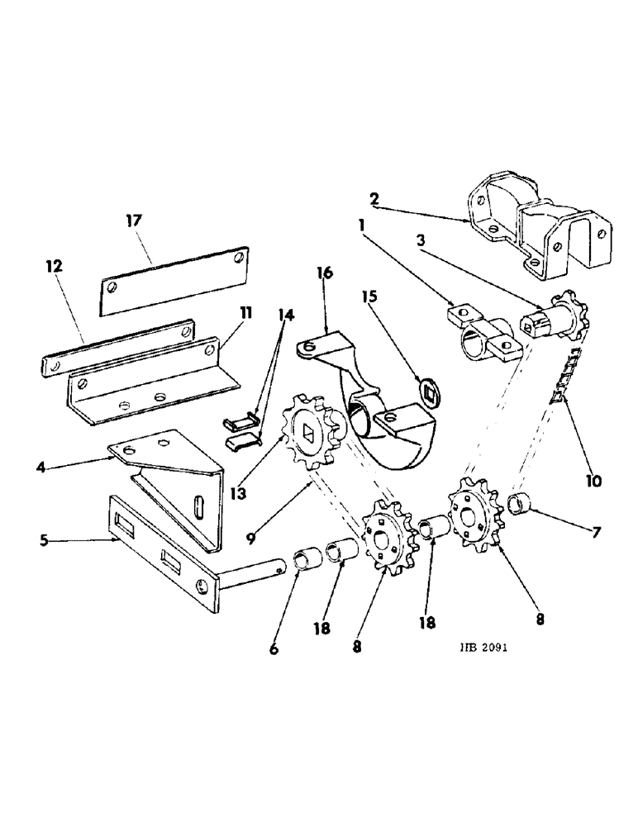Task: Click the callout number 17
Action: (134, 221)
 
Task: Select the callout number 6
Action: (274, 649)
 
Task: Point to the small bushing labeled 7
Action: (521, 502)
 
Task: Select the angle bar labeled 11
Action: (145, 381)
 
